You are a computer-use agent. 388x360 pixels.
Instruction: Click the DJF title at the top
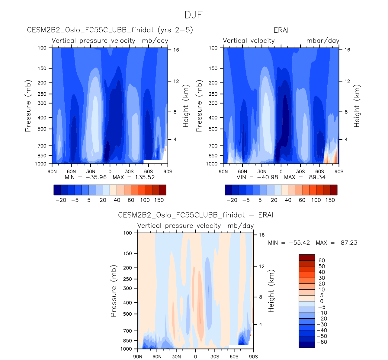click(x=194, y=15)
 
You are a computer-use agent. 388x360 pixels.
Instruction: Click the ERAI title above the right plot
click(x=281, y=30)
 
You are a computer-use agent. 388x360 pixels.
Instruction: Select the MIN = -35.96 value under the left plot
click(x=86, y=177)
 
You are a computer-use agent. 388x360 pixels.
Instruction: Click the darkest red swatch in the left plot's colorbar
click(x=162, y=190)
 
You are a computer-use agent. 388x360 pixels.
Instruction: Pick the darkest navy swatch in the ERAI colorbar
click(x=228, y=190)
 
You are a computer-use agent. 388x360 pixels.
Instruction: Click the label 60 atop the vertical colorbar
click(x=322, y=260)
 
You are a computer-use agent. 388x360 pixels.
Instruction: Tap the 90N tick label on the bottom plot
click(x=138, y=357)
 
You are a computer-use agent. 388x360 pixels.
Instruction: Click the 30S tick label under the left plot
click(x=129, y=171)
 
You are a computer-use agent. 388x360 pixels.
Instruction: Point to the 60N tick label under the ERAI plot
click(x=242, y=171)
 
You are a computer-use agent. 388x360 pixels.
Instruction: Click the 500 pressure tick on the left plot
click(x=42, y=129)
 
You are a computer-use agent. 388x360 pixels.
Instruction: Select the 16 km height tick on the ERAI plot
click(x=347, y=50)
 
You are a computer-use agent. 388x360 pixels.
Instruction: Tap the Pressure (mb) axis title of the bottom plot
click(x=114, y=291)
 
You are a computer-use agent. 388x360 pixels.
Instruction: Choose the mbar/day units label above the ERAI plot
click(x=323, y=41)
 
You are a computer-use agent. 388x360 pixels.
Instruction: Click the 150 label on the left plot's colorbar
click(x=159, y=200)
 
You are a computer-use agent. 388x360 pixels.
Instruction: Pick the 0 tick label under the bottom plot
click(x=195, y=357)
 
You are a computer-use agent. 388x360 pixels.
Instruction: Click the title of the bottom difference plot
click(x=195, y=215)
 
